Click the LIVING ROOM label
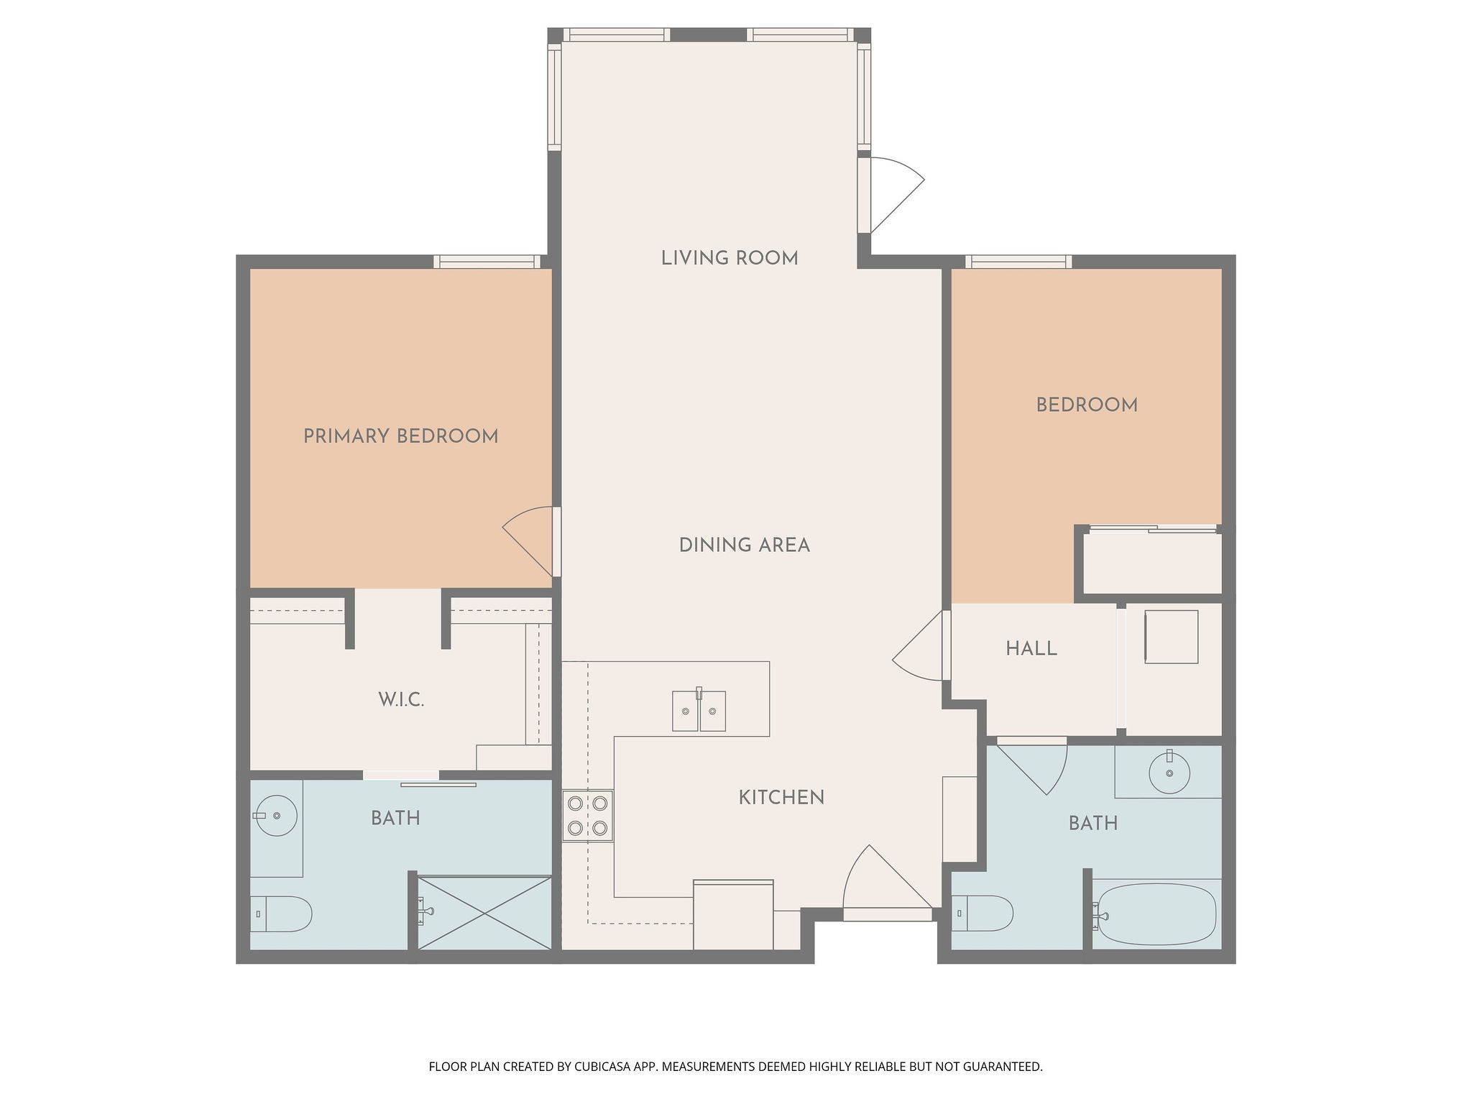(x=730, y=258)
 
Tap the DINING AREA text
(x=745, y=546)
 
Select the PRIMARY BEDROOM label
(x=401, y=436)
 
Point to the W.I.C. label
(x=402, y=699)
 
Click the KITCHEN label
(x=781, y=797)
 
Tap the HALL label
(x=1031, y=649)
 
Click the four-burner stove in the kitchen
(x=587, y=816)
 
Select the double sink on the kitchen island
(x=699, y=710)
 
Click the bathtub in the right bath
(x=1156, y=914)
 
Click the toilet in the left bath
(x=280, y=914)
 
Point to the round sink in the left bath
(x=276, y=816)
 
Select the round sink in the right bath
(x=1169, y=773)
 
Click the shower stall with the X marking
(x=484, y=913)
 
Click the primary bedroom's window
(x=487, y=262)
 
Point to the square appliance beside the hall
(x=1172, y=637)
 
